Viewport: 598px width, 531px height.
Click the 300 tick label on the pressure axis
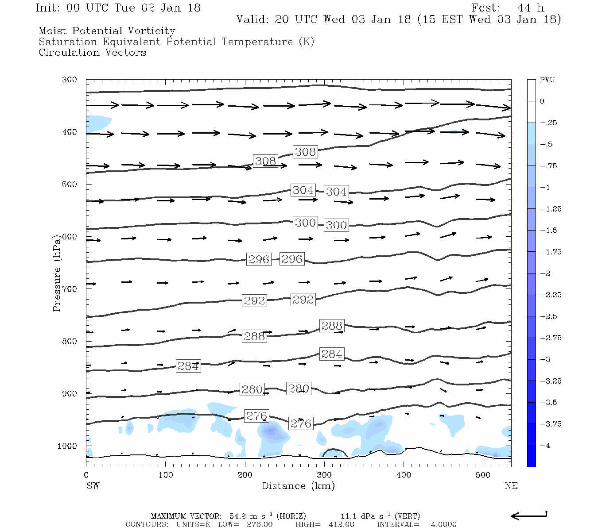(x=70, y=80)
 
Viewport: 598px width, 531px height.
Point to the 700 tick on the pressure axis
(x=70, y=289)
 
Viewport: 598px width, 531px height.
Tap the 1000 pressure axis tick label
(x=67, y=446)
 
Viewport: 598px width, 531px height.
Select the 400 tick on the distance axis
(x=404, y=475)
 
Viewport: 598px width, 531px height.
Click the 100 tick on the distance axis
(x=165, y=475)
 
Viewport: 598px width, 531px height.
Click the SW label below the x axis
(x=93, y=486)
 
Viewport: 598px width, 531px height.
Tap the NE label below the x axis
(x=511, y=486)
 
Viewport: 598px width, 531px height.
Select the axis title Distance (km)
(x=298, y=486)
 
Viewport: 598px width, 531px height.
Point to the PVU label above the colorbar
(x=547, y=80)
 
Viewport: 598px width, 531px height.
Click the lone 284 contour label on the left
(x=188, y=366)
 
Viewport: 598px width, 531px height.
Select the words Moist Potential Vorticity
(x=107, y=31)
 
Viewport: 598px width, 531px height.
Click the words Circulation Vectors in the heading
(x=92, y=53)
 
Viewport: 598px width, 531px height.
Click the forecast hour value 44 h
(x=530, y=8)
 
